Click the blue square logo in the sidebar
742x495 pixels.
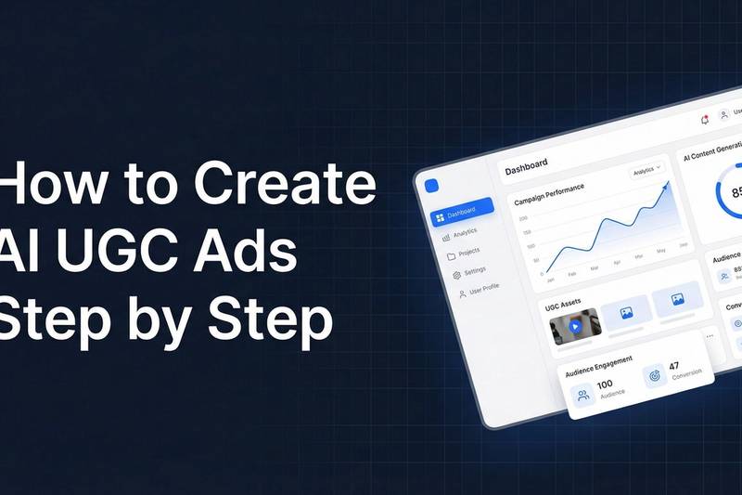[430, 185]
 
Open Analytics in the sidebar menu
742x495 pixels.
[460, 232]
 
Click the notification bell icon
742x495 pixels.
[704, 119]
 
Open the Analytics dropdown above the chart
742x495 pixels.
[647, 171]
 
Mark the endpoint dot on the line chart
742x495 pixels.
[665, 184]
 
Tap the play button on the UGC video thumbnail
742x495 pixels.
[575, 327]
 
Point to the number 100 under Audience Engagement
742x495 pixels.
[605, 384]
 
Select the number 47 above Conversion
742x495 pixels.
[674, 366]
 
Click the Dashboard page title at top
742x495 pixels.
[526, 164]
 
